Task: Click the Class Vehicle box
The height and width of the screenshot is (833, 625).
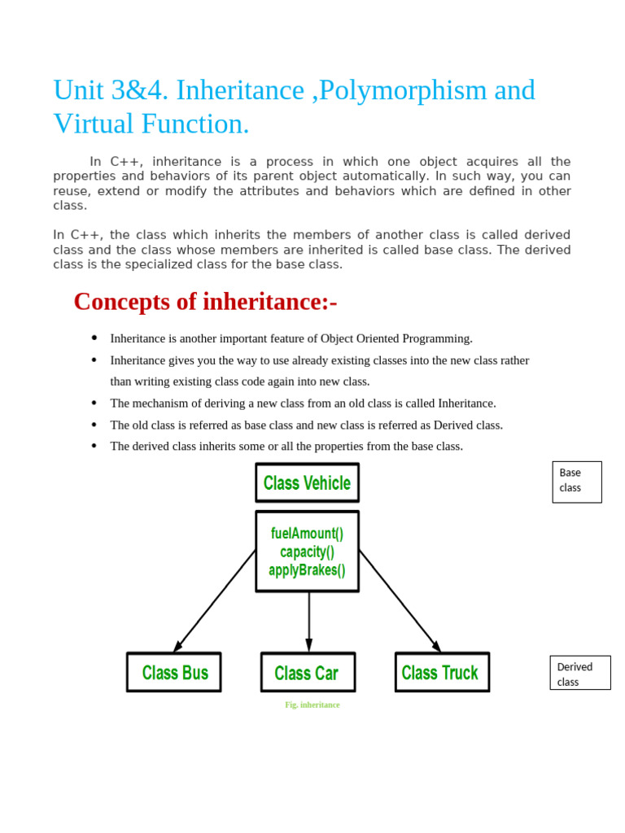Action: pos(307,482)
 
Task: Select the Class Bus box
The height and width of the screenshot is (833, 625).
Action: pos(174,672)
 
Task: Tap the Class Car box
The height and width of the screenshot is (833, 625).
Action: pos(308,673)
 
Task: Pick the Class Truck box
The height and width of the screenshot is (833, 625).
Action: pos(441,672)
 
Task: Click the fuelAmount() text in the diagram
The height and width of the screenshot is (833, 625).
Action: pos(307,534)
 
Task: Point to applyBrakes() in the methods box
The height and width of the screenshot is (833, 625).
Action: pos(307,570)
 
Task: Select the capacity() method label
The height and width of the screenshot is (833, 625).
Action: pos(307,552)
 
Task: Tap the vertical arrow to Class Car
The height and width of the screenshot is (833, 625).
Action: pos(308,621)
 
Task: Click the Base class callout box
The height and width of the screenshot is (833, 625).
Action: pos(576,482)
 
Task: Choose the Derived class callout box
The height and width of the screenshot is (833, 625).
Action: pos(579,673)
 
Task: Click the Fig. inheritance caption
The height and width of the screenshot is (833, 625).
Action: pos(312,704)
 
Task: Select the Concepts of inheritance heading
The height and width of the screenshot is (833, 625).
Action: pos(205,302)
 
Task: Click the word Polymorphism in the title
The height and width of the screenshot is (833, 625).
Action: pos(403,90)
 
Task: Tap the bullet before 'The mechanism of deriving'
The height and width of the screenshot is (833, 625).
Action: pos(94,403)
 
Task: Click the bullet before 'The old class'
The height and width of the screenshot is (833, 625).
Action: pos(94,424)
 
